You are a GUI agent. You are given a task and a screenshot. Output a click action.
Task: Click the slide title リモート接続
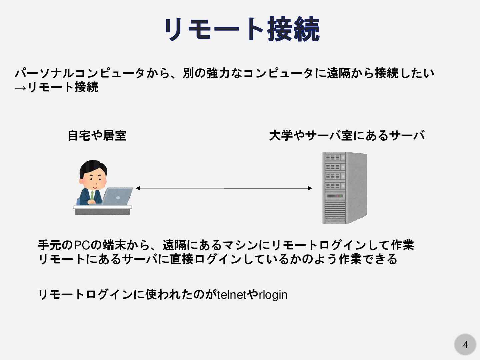(242, 29)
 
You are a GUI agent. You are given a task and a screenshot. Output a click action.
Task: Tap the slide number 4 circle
(465, 344)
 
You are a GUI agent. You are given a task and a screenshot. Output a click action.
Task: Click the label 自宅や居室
(97, 135)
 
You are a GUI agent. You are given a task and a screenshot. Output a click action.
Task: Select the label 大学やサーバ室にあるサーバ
(347, 135)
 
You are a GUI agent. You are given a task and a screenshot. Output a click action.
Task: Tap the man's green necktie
(92, 195)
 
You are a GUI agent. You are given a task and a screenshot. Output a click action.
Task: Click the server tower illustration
(344, 188)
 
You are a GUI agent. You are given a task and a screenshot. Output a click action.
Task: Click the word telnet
(232, 295)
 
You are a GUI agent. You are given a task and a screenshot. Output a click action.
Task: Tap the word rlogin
(273, 295)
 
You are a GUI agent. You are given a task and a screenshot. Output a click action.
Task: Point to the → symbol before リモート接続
(20, 88)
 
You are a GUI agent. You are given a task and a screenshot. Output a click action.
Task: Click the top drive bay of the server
(333, 157)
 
